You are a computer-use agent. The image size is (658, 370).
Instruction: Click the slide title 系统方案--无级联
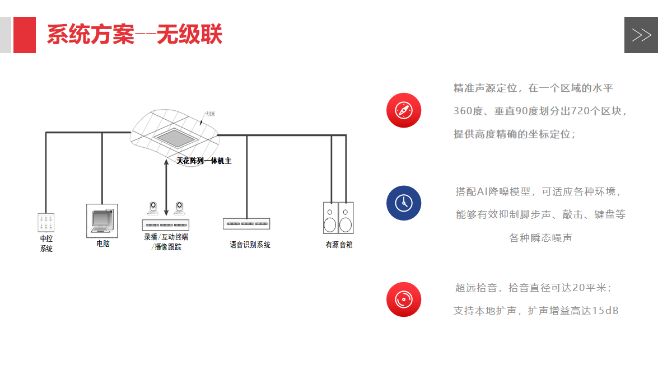click(x=134, y=35)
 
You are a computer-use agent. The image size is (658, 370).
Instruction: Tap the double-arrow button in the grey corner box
click(x=641, y=35)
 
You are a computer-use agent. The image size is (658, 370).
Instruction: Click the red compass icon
click(x=403, y=110)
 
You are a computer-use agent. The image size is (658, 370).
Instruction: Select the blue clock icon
click(x=403, y=203)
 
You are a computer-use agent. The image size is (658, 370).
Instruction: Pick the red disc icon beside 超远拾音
click(x=403, y=299)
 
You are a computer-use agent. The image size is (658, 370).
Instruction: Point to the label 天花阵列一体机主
click(x=204, y=161)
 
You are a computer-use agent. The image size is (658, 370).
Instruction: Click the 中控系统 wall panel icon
click(x=46, y=222)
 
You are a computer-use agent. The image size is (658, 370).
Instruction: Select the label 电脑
click(x=103, y=244)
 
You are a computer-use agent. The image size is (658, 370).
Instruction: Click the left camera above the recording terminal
click(x=152, y=209)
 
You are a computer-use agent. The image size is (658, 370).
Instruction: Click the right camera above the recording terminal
click(x=180, y=209)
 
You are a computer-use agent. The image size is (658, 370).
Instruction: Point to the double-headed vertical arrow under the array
click(x=166, y=187)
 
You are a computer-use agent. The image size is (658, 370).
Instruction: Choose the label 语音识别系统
click(x=250, y=245)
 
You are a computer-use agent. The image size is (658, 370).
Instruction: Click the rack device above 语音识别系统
click(x=246, y=224)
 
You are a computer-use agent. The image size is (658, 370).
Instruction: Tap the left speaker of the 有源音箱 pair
click(x=330, y=218)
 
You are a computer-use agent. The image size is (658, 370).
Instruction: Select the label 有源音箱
click(x=339, y=245)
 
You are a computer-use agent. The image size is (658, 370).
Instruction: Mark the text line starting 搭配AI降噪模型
click(x=539, y=192)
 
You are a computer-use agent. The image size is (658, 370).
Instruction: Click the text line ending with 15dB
click(x=536, y=311)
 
